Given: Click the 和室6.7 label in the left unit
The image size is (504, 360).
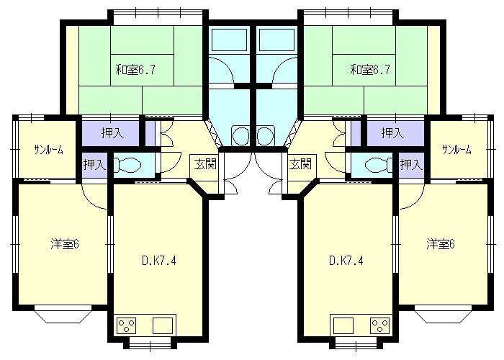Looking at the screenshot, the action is pos(135,70).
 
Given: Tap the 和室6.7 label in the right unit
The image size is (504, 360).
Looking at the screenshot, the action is pos(370,70).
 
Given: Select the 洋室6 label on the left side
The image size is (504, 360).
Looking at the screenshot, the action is pos(65,244).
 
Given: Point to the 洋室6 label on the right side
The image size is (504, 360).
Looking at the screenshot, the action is pos(441,244).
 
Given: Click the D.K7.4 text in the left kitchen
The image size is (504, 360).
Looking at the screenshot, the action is pos(159,261).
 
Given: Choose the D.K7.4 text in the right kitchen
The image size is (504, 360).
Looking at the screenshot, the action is pos(346,261).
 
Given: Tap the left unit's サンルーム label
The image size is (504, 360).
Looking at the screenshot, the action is pos(48,150).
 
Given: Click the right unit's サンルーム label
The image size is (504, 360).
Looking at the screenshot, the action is pos(456,150).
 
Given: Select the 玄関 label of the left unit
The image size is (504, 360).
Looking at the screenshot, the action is pos(205,164).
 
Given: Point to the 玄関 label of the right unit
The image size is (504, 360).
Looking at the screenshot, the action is pos(300,164).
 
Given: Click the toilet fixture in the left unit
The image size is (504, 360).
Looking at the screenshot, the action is pos(127,165).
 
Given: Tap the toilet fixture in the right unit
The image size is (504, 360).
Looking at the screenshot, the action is pos(379,165).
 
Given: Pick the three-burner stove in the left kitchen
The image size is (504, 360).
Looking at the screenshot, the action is pos(126,325).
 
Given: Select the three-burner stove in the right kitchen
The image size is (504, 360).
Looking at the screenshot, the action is pos(380,325).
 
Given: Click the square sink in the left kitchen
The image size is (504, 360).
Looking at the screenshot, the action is pos(163,325).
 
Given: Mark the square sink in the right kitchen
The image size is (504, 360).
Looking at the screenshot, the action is pos(343,325).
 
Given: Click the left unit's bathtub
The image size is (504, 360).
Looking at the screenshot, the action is pos(230,39).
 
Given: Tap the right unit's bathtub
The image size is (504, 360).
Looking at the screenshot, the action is pos(276,39).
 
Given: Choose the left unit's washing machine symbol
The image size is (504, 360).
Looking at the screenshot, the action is pos(240,135).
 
